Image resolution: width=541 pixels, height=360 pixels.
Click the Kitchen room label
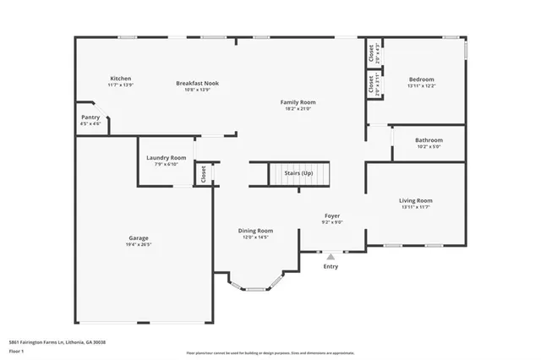[x=119, y=79]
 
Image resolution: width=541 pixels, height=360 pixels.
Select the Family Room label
[x=298, y=102]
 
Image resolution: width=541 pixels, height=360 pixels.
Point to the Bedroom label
[x=421, y=79]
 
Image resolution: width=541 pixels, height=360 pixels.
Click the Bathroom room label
[x=429, y=140]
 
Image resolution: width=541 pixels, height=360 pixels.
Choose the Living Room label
[x=421, y=200]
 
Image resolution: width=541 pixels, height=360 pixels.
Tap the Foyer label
[x=332, y=216]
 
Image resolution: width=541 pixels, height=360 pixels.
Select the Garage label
[x=139, y=238]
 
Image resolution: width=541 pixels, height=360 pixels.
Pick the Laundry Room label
[x=166, y=158]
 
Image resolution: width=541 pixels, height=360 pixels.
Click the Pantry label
[x=90, y=117]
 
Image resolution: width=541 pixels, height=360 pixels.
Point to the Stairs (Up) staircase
[x=298, y=173]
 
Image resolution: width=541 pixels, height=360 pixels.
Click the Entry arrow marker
[x=331, y=255]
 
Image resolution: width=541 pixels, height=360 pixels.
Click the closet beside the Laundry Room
[x=204, y=173]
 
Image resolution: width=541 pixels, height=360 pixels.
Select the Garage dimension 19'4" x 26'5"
[x=139, y=245]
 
